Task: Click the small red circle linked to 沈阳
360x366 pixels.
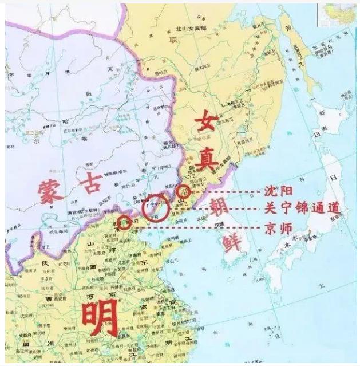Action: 183,192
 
